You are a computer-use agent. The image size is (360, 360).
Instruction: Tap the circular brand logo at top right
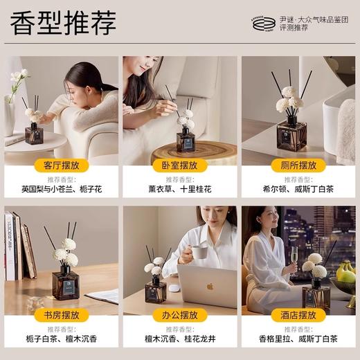pyautogui.click(x=264, y=24)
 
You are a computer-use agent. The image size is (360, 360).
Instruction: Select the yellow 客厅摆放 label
pyautogui.click(x=61, y=166)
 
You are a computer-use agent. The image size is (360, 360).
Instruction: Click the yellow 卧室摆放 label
pyautogui.click(x=179, y=166)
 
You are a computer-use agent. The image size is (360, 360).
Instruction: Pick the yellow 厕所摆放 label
pyautogui.click(x=298, y=166)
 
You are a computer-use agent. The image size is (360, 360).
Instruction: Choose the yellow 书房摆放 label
pyautogui.click(x=61, y=315)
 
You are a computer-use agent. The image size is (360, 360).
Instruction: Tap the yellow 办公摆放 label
pyautogui.click(x=179, y=315)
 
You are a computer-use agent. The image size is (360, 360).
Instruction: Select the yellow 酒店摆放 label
pyautogui.click(x=298, y=315)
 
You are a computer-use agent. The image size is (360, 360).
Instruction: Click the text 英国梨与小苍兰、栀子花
pyautogui.click(x=61, y=189)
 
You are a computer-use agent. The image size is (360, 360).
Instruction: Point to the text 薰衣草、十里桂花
pyautogui.click(x=179, y=189)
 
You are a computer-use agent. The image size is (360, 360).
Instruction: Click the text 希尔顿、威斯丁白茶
pyautogui.click(x=298, y=189)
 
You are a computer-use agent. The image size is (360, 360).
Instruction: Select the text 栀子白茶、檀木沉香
pyautogui.click(x=61, y=339)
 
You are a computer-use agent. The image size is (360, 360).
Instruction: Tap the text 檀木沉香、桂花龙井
pyautogui.click(x=179, y=339)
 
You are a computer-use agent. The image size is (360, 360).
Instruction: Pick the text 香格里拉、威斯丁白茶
pyautogui.click(x=298, y=339)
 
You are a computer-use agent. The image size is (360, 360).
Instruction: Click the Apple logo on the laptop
pyautogui.click(x=210, y=286)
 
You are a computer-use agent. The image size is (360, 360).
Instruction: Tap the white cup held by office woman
pyautogui.click(x=199, y=251)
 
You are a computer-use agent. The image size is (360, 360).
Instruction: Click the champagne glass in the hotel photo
pyautogui.click(x=294, y=259)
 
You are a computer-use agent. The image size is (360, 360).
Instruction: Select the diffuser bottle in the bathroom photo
pyautogui.click(x=291, y=135)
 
